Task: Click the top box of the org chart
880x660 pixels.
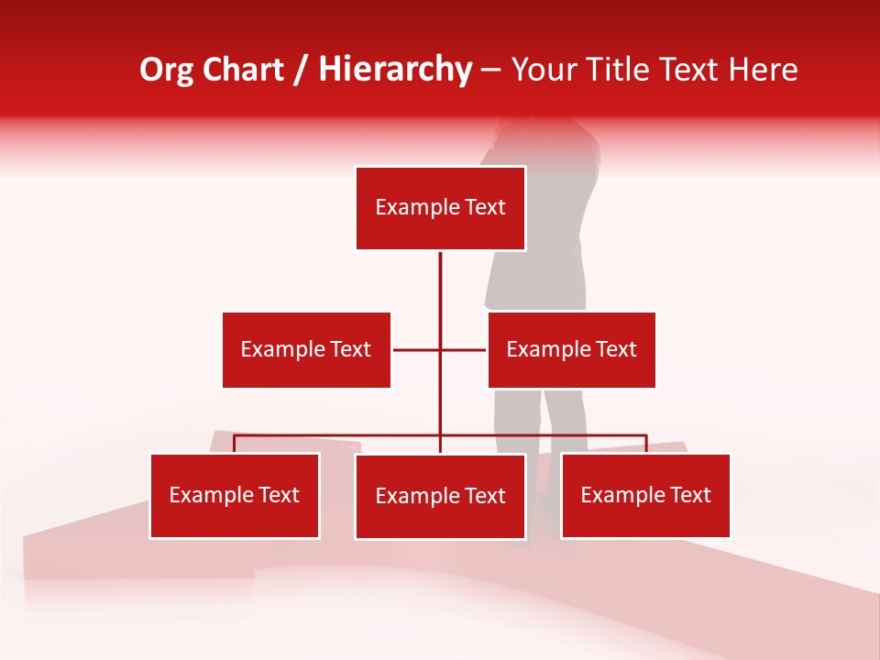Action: tap(440, 208)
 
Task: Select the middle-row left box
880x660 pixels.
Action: tap(306, 349)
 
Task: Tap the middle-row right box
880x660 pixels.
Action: tap(571, 349)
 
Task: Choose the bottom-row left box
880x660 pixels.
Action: tap(235, 496)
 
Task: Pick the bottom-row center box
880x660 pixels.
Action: tap(440, 497)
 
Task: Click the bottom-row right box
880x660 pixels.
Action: tap(645, 496)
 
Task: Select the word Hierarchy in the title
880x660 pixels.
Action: tap(395, 70)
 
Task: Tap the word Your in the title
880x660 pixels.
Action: tap(544, 70)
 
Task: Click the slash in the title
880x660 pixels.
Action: tap(301, 70)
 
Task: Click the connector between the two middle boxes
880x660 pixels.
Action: tap(417, 349)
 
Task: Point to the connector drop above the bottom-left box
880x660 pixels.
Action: tap(235, 444)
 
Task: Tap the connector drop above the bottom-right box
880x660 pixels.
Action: tap(646, 444)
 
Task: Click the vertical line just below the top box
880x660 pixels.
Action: tap(440, 275)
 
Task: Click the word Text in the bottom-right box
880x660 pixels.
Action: tap(690, 496)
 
